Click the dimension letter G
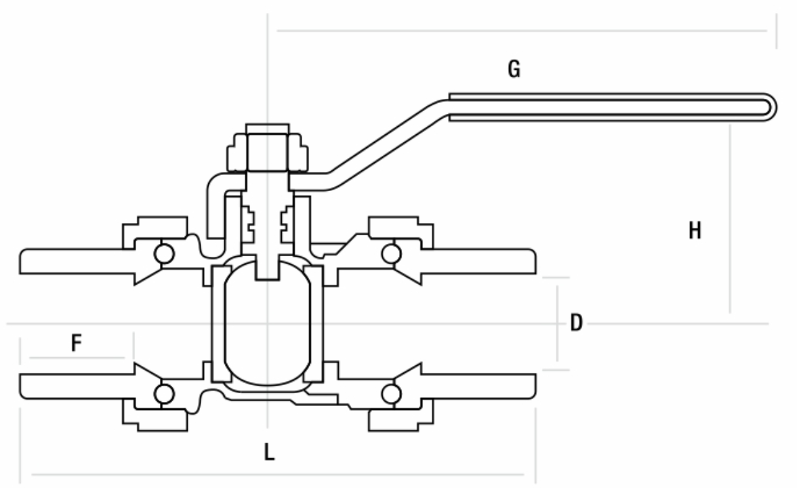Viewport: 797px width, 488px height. coord(514,68)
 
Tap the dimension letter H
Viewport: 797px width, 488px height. coord(695,231)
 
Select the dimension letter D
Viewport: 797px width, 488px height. coord(576,323)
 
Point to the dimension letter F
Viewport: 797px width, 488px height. coord(77,344)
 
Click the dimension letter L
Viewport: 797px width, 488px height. coord(270,452)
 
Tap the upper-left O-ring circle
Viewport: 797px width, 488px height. coord(163,253)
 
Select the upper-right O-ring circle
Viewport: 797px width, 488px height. coord(390,253)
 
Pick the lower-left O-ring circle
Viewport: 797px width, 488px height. coord(163,393)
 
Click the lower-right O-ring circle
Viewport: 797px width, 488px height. coord(390,393)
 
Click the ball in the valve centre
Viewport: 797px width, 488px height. coord(268,323)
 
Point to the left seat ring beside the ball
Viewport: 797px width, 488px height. coord(218,323)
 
